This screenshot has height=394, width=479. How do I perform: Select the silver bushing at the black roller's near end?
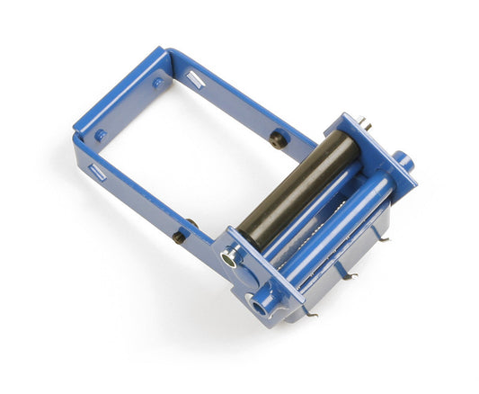click(x=232, y=258)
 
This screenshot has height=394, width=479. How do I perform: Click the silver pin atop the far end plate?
click(x=365, y=123)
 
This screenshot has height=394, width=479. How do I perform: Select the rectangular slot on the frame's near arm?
click(x=96, y=170)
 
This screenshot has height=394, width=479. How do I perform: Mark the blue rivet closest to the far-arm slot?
click(x=158, y=82)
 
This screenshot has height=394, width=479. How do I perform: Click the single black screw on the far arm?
click(x=276, y=139)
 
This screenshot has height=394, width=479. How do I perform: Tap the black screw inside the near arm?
click(x=191, y=224)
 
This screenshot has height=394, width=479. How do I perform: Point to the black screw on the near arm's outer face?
click(x=180, y=238)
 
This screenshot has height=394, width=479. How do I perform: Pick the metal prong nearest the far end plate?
click(x=381, y=237)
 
